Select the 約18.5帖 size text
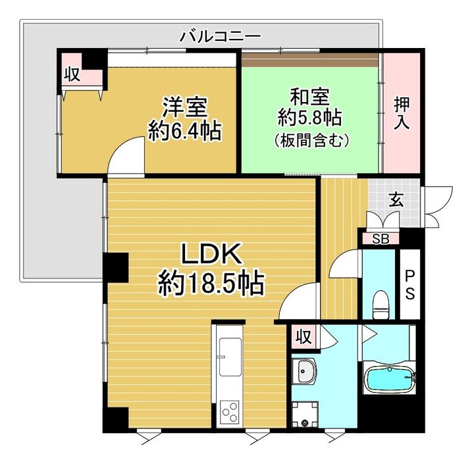pos(211,284)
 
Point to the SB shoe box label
pos(381,238)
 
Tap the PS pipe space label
pos(409,285)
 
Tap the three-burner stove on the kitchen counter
pos(230,413)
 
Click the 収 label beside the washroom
pos(303,338)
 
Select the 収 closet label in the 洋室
pos(72,74)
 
